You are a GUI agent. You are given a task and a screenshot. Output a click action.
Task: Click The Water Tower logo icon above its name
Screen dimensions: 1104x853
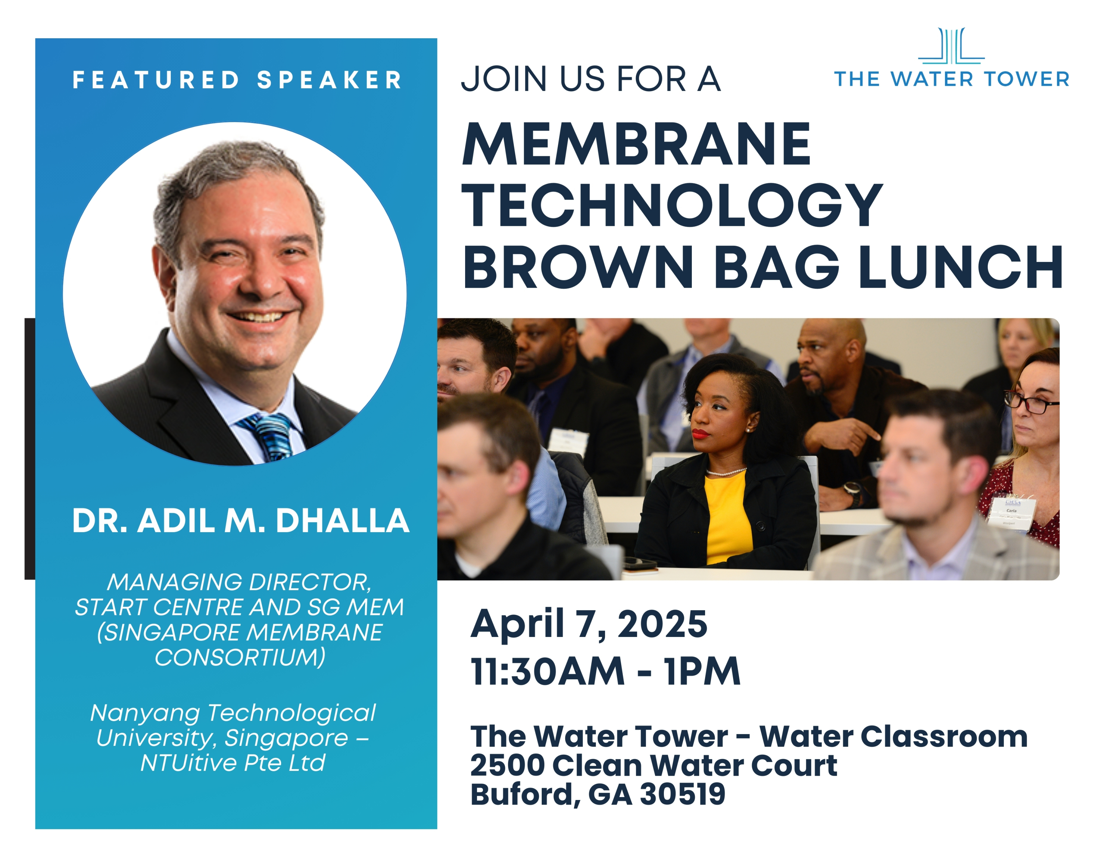pyautogui.click(x=951, y=46)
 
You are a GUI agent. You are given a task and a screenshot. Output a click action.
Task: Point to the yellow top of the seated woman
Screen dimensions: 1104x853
pyautogui.click(x=728, y=518)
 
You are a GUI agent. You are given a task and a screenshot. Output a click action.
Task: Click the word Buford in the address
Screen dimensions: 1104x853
pyautogui.click(x=526, y=795)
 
